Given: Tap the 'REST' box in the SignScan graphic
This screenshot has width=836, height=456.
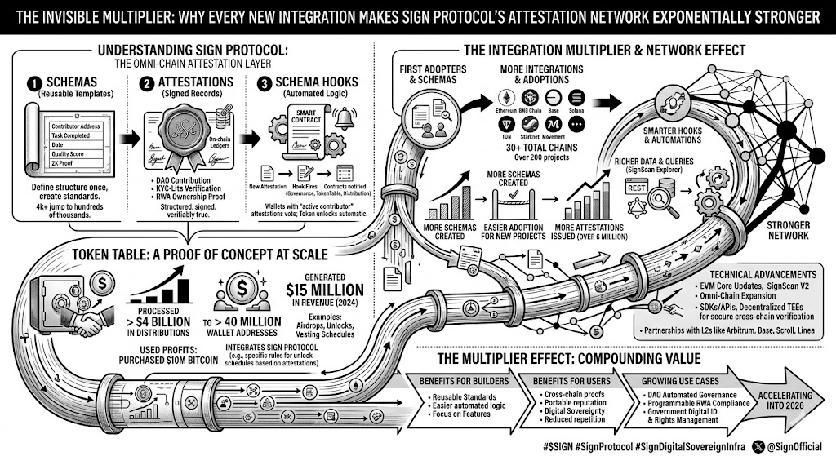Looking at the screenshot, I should point(636,188).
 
